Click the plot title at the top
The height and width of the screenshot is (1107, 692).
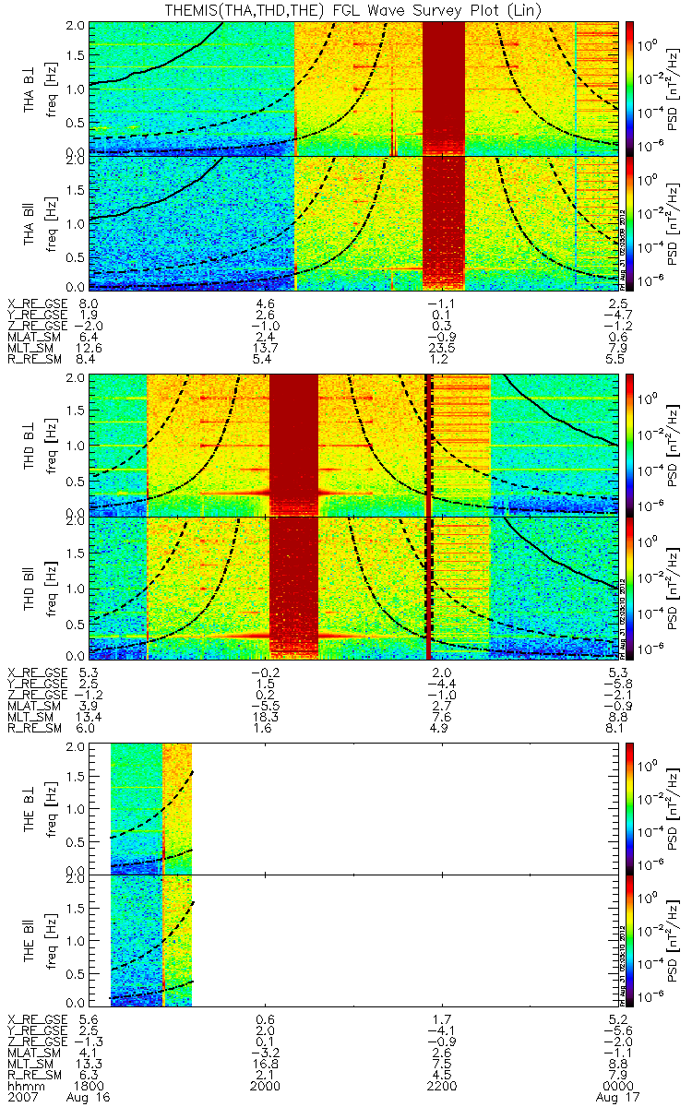point(346,8)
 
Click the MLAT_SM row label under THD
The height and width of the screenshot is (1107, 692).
point(35,705)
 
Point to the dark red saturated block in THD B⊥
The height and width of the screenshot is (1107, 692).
point(293,443)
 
